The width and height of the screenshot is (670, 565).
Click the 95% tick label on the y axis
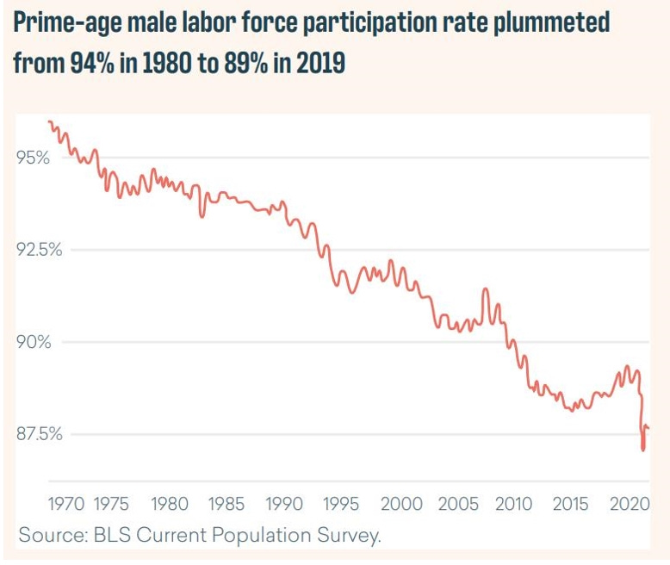click(33, 158)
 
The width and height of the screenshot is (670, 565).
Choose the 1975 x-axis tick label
click(112, 504)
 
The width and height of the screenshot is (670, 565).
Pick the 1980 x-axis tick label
click(169, 504)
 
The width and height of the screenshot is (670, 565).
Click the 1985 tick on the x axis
click(226, 504)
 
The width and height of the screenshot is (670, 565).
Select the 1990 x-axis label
click(284, 504)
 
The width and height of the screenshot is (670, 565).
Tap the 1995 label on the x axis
click(342, 504)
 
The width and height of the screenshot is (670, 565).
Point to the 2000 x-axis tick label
click(400, 504)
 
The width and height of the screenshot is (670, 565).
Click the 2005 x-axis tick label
click(457, 504)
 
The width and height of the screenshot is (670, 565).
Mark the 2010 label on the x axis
click(514, 504)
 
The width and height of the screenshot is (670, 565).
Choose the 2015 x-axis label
click(571, 504)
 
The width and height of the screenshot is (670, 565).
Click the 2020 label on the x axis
click(629, 504)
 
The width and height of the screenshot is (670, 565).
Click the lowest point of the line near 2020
click(643, 450)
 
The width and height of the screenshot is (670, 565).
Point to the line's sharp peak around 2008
click(485, 289)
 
